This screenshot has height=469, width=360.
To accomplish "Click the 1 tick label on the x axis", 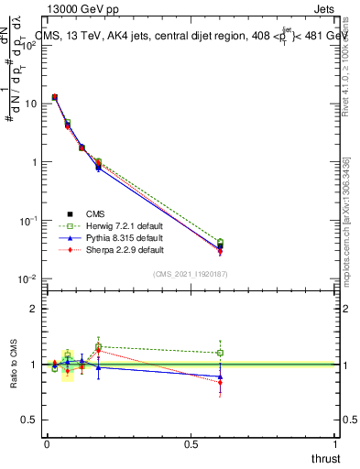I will click(335, 444).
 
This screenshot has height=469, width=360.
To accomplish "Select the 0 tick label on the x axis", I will click(46, 444).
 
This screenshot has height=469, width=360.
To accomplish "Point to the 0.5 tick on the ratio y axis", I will click(29, 420).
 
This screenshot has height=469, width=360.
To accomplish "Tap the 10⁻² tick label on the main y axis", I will click(26, 279).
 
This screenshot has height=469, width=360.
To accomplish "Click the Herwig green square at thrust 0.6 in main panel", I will click(220, 242).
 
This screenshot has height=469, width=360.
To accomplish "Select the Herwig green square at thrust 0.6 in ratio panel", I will click(220, 353).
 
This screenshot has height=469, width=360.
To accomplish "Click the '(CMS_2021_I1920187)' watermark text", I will click(190, 273).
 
